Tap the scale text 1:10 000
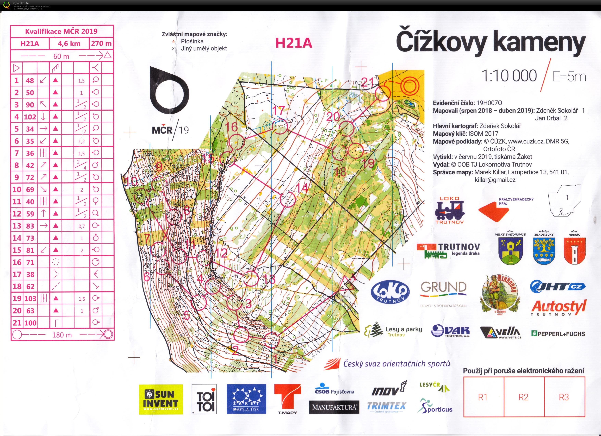[509, 76]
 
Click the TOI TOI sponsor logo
[204, 399]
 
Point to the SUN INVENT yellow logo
[161, 399]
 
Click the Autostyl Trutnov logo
[558, 308]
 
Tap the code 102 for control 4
[30, 117]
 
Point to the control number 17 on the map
[278, 111]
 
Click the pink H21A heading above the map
[294, 43]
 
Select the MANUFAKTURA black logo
[334, 407]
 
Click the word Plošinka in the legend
[192, 41]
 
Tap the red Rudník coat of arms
[574, 251]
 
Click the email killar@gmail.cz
[495, 180]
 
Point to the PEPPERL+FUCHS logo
[558, 334]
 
